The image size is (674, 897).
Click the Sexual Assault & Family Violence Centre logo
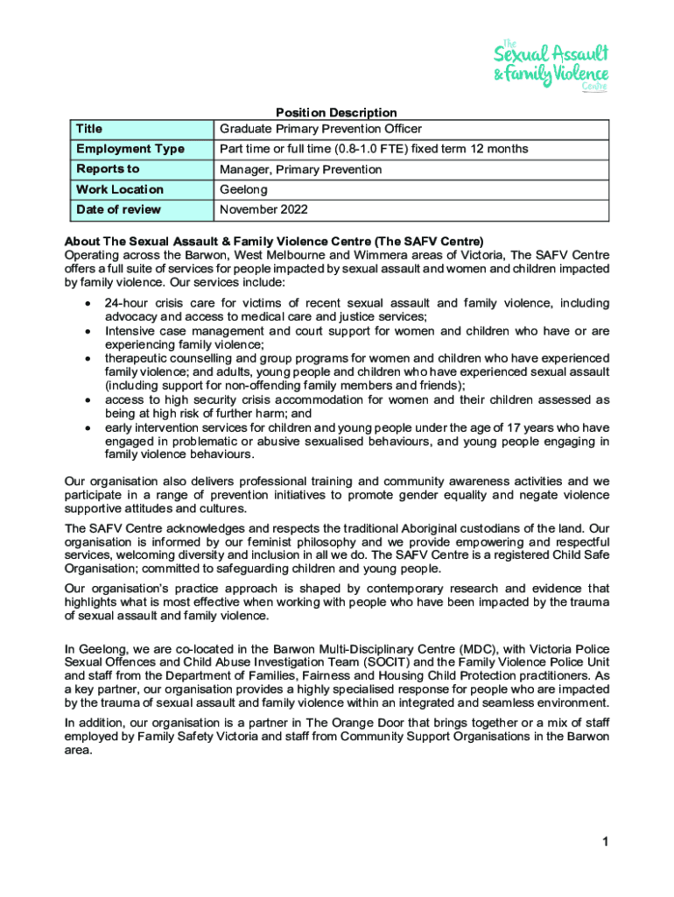[x=551, y=63]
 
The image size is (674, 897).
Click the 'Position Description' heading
[x=336, y=112]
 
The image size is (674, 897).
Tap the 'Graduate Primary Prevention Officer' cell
[x=320, y=129]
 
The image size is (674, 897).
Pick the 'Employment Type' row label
[x=130, y=149]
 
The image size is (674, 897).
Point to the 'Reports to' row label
[x=108, y=169]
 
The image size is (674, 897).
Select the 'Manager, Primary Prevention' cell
[x=300, y=169]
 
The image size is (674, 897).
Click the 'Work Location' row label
[x=120, y=189]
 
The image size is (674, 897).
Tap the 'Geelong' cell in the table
[x=243, y=189]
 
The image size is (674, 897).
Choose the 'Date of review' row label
[x=118, y=209]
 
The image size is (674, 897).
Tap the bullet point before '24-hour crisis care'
[x=88, y=303]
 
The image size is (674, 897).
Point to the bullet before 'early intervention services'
[x=88, y=427]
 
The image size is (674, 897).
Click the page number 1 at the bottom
[x=604, y=843]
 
